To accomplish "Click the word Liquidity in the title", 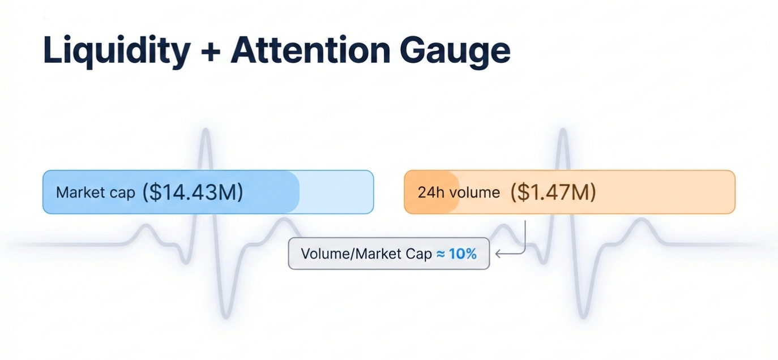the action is click(x=117, y=51).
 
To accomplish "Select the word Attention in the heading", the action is click(x=310, y=50).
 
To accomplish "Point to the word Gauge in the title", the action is click(x=455, y=52).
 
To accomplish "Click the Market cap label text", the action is click(x=96, y=192).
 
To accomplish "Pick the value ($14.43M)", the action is click(x=193, y=192).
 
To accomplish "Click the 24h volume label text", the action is click(x=459, y=192).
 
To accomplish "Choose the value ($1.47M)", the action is click(x=553, y=192).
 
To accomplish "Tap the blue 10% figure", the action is click(x=463, y=254).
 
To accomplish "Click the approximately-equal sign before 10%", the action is click(x=441, y=254).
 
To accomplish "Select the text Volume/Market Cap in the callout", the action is click(x=366, y=254).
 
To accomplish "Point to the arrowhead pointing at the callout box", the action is click(x=498, y=254).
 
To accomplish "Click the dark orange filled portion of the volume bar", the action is click(x=431, y=192).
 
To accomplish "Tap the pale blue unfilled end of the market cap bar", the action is click(x=336, y=192).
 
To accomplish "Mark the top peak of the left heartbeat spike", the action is click(x=206, y=130).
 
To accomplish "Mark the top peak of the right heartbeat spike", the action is click(x=563, y=130).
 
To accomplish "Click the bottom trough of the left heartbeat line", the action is click(x=226, y=316).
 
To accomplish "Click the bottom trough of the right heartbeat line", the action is click(x=583, y=316).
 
